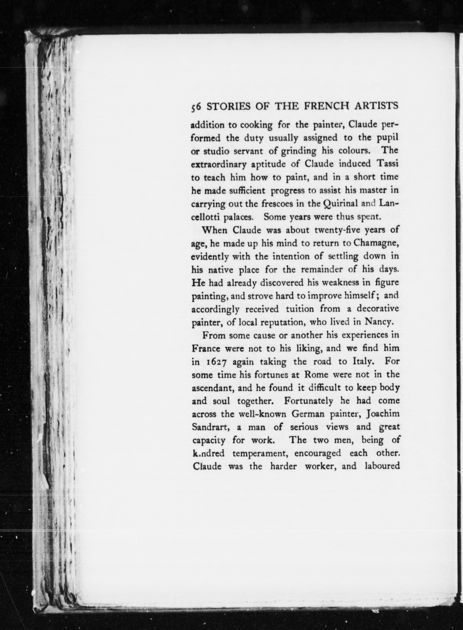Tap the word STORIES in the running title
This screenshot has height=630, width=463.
[225, 106]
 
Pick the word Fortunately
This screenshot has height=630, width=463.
[308, 401]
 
